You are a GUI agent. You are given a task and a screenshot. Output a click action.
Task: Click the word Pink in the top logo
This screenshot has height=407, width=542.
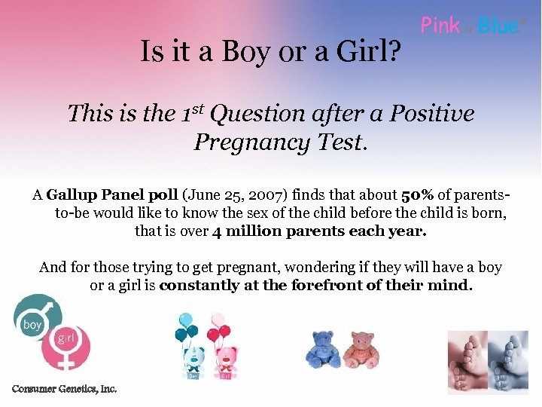pos(440,26)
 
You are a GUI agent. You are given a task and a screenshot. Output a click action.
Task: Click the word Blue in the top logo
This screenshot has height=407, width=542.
pos(498,26)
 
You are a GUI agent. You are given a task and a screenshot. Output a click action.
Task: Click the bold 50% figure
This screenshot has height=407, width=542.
pos(416,195)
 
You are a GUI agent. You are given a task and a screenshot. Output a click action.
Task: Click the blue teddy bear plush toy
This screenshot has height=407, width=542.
pos(324,349)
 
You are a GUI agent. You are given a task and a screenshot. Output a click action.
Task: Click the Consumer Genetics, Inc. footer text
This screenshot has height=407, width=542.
pos(64,389)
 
